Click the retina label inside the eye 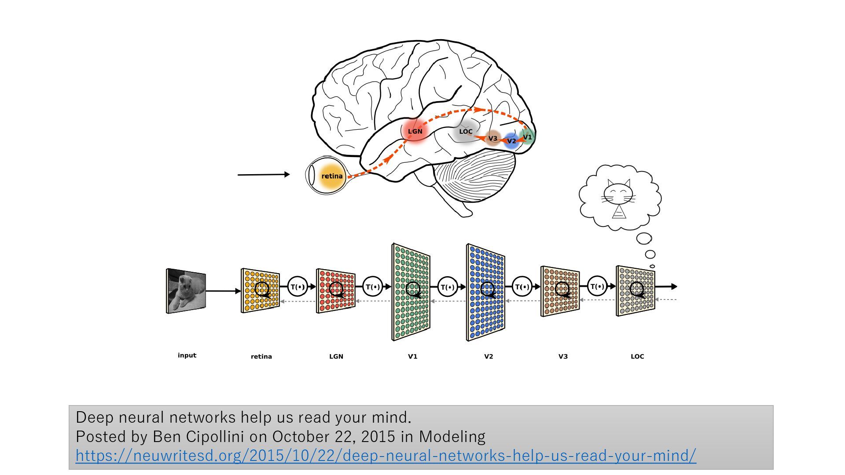point(332,176)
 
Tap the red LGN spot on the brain point(415,131)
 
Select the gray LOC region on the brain point(465,132)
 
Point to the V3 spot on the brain point(493,138)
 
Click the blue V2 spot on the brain point(511,141)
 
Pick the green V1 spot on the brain point(527,137)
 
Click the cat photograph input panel point(186,291)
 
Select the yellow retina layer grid point(261,291)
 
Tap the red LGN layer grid point(335,291)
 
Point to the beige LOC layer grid point(636,291)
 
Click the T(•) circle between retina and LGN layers point(298,287)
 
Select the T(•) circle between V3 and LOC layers point(597,286)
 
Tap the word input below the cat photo point(187,355)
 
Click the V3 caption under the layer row point(563,356)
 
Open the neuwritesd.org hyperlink point(386,456)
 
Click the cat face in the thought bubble point(618,194)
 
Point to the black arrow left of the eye point(263,175)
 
